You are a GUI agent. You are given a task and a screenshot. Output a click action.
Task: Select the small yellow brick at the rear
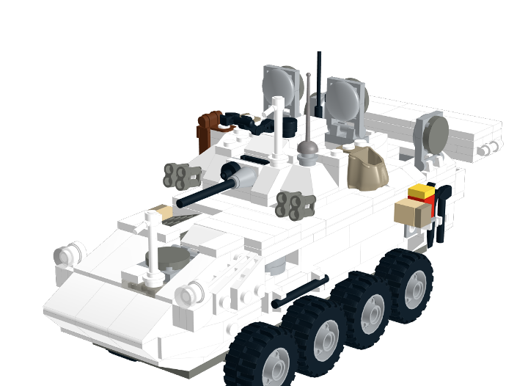[422, 193]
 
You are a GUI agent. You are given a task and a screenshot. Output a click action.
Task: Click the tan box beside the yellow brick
[413, 212]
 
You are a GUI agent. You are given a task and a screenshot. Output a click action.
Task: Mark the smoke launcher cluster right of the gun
[296, 205]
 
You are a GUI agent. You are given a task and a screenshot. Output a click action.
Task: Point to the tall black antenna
[319, 81]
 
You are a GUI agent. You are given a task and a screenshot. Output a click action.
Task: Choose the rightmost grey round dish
[431, 133]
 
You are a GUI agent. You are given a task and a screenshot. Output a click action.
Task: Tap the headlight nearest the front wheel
[189, 294]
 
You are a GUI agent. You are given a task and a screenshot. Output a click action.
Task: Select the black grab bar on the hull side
[299, 291]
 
